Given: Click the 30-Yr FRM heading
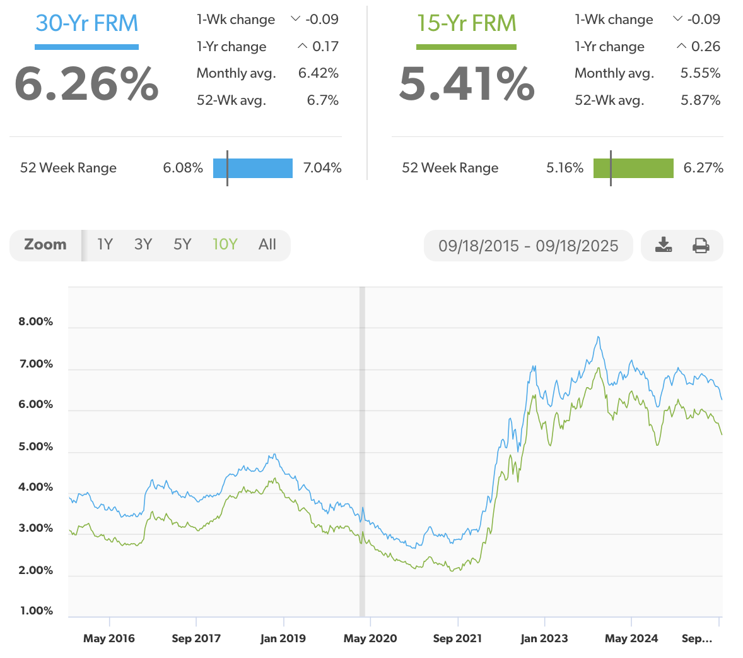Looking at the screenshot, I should pyautogui.click(x=86, y=23).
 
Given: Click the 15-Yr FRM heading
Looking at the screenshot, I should pyautogui.click(x=466, y=23).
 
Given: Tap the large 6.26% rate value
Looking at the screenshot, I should pyautogui.click(x=86, y=84).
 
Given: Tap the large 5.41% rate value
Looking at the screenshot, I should pyautogui.click(x=467, y=84).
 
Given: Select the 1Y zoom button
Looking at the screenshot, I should pyautogui.click(x=105, y=244).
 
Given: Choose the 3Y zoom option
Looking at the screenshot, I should pyautogui.click(x=143, y=244).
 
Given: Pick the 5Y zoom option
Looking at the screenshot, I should pyautogui.click(x=182, y=244).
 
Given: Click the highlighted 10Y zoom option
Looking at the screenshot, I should pyautogui.click(x=225, y=244).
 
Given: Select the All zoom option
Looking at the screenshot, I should pyautogui.click(x=267, y=244).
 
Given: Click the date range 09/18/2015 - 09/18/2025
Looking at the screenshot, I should pyautogui.click(x=528, y=246).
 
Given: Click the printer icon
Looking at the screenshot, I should pyautogui.click(x=701, y=245).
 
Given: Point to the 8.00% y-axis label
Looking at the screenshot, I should pyautogui.click(x=36, y=321).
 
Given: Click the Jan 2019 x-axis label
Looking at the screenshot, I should pyautogui.click(x=283, y=638).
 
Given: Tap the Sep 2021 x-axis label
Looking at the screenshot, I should pyautogui.click(x=457, y=638).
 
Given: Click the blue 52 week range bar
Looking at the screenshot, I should pyautogui.click(x=253, y=168).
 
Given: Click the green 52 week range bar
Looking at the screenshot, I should pyautogui.click(x=633, y=168).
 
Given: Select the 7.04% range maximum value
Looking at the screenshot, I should pyautogui.click(x=322, y=168).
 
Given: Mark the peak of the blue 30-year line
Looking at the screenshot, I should pyautogui.click(x=598, y=337).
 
